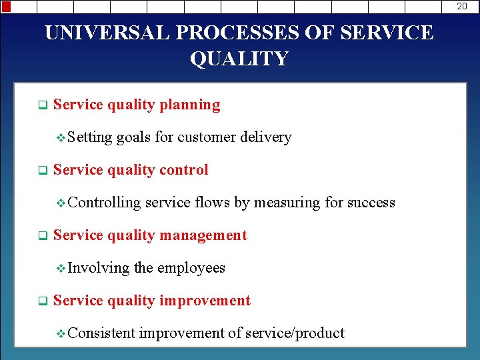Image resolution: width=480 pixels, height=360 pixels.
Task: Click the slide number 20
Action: point(462,6)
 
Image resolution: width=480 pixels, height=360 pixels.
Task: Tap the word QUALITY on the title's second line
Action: point(239,59)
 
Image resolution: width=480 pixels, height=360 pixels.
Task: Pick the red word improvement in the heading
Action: point(205,301)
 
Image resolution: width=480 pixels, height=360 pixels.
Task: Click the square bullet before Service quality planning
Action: point(41,105)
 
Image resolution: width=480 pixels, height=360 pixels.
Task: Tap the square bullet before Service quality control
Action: point(41,171)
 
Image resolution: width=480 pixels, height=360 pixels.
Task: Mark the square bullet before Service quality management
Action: point(41,236)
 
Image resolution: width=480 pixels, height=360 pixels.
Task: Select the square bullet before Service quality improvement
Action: point(41,301)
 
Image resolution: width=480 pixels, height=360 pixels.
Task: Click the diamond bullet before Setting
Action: point(61,138)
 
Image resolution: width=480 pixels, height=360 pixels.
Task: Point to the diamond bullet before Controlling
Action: point(61,203)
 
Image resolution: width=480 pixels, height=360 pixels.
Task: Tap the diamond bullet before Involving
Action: point(61,269)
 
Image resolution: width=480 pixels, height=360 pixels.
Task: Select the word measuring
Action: point(287,203)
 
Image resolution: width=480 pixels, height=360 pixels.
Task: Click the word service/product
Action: point(295,333)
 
